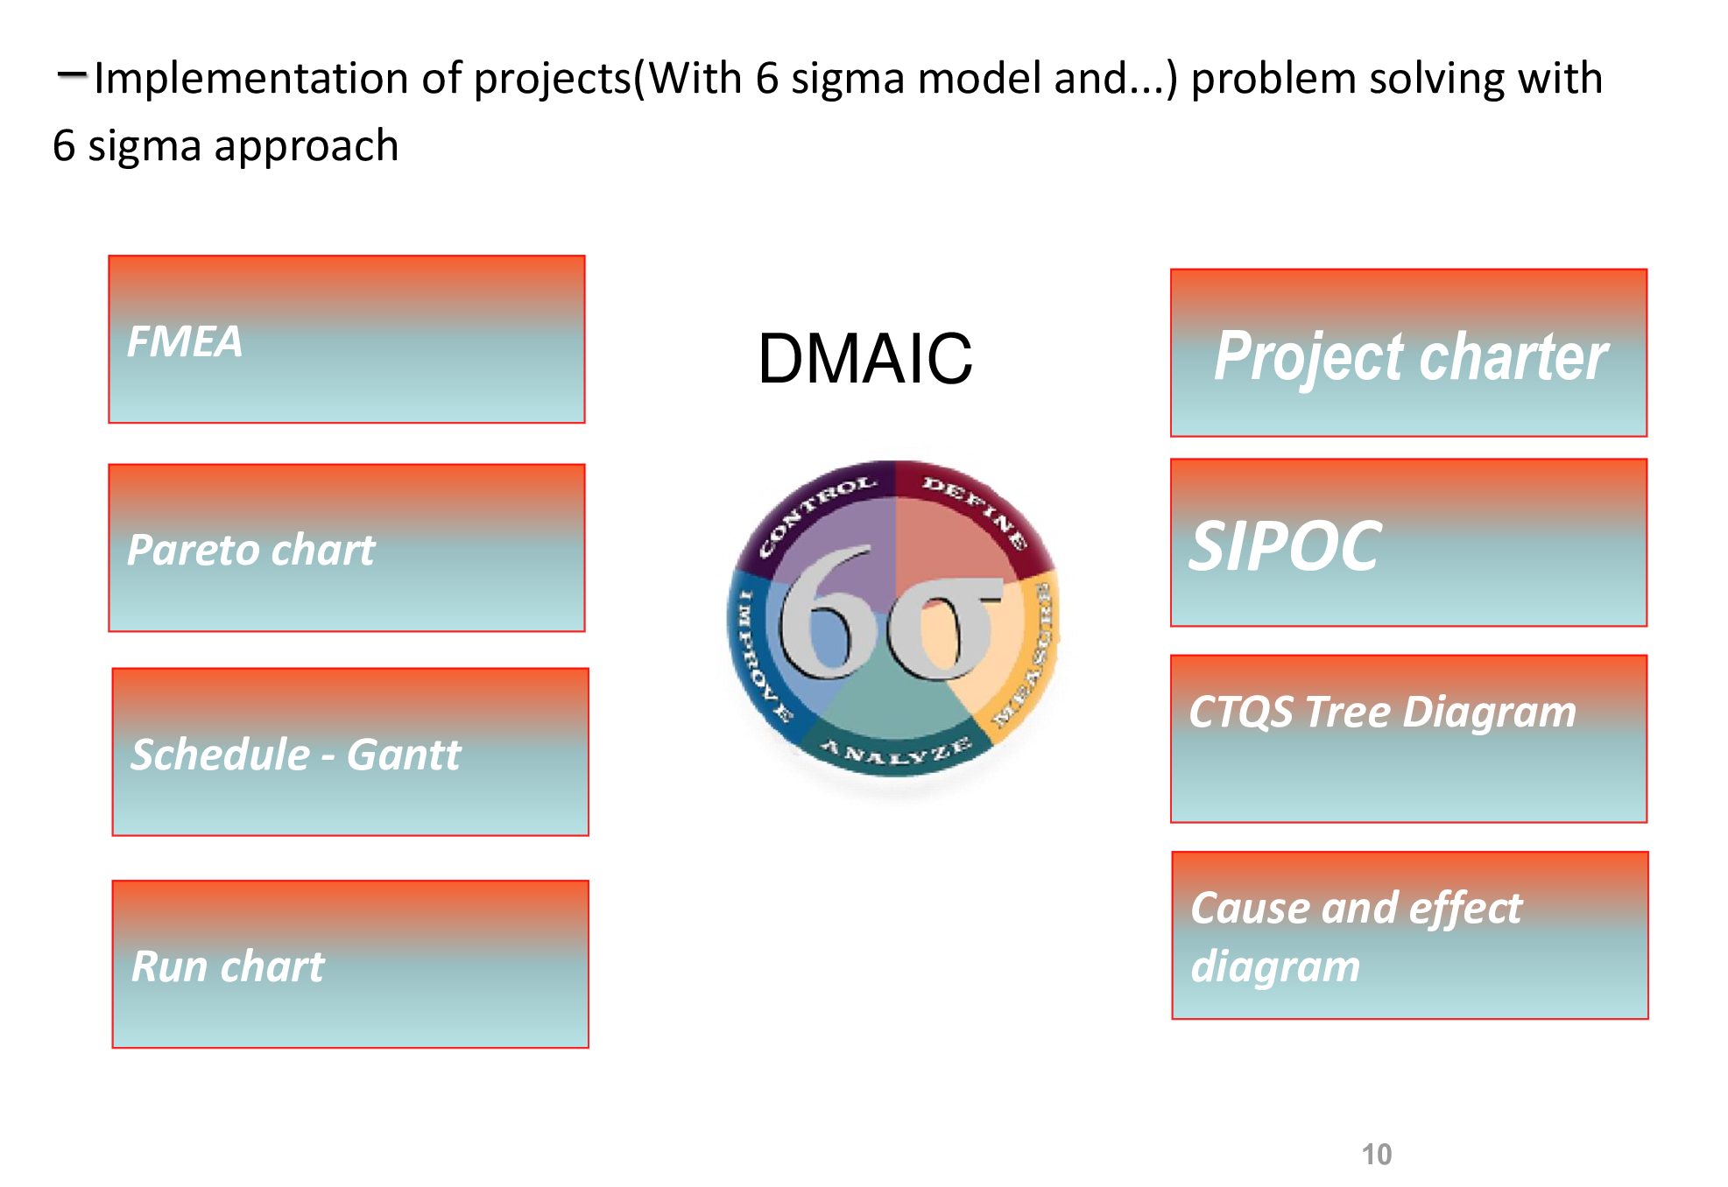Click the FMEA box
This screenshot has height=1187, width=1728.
pos(346,340)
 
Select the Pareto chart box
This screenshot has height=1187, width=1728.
pos(346,548)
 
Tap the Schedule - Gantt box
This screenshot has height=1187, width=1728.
pos(350,752)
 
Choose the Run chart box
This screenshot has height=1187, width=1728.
pos(350,964)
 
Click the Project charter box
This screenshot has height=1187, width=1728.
pos(1408,353)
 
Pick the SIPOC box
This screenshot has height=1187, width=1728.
pos(1408,543)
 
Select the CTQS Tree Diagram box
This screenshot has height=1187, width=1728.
pos(1408,739)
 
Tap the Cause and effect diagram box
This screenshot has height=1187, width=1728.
pos(1409,935)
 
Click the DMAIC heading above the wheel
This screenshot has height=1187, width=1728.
pos(864,359)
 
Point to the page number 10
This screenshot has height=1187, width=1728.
pos(1376,1155)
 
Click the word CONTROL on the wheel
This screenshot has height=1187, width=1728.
pos(816,515)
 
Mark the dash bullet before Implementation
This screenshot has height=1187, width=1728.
pos(70,75)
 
